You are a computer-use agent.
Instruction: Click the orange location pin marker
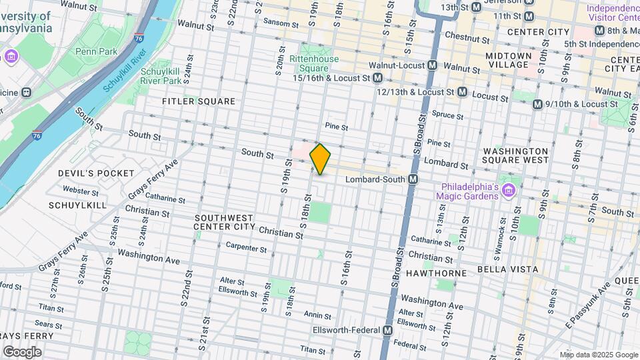coord(321,159)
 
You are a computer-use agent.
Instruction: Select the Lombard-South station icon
coord(413,179)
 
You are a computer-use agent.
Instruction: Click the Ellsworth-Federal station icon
coord(388,331)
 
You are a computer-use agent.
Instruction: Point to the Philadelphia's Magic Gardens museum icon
coord(509,191)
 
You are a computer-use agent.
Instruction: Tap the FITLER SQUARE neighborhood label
coord(199,101)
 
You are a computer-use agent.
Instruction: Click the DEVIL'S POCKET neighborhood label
coord(96,173)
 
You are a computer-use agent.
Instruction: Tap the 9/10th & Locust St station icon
coord(537,104)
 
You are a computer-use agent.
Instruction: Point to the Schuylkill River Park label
coord(161,75)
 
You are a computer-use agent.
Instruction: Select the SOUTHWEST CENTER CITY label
coord(224,222)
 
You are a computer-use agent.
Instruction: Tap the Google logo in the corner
coord(22,351)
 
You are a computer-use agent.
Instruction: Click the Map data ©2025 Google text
coord(598,355)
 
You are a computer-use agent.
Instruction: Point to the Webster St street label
coord(81,191)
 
